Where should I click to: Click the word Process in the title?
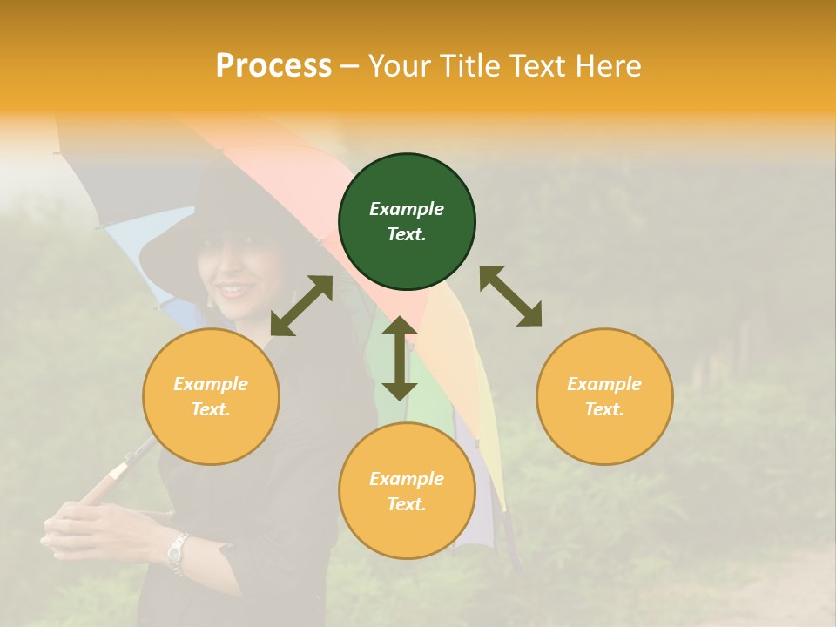tap(273, 66)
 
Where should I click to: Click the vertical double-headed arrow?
tap(400, 358)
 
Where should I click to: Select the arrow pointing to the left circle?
tap(301, 306)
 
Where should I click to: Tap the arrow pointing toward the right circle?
tap(511, 296)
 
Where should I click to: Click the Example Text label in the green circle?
tap(407, 221)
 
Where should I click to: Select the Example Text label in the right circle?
tap(604, 396)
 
